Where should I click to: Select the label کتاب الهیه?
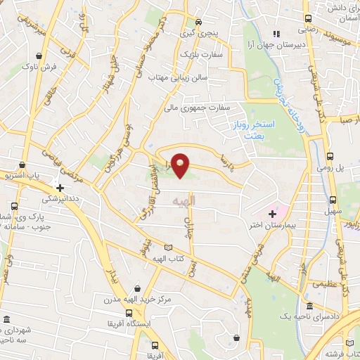pos(167,259)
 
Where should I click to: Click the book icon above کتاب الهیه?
pos(167,247)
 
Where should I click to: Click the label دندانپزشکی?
pos(60,200)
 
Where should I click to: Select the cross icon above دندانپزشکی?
pos(60,188)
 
